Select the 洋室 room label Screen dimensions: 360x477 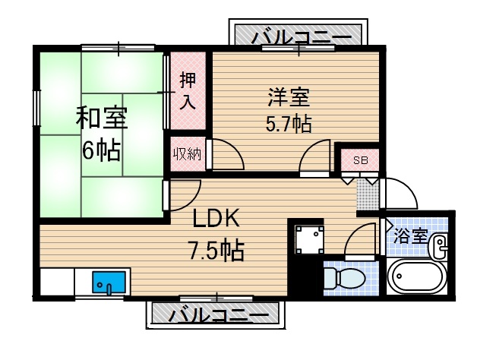point(289,98)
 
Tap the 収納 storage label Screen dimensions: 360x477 point(185,156)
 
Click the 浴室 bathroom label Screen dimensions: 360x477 point(411,235)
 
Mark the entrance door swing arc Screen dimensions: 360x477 point(403,194)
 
